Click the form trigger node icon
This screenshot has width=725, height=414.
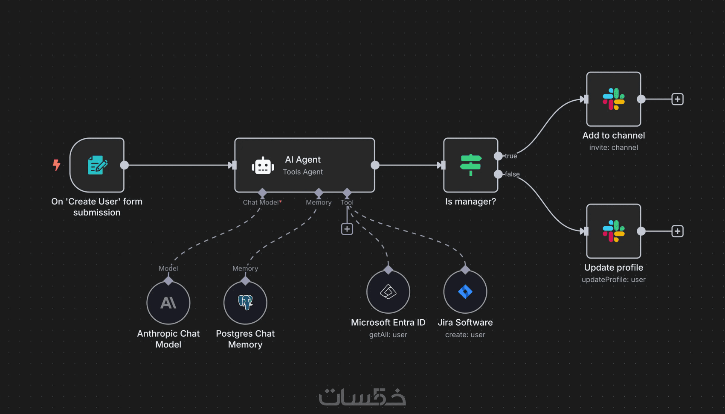pyautogui.click(x=97, y=165)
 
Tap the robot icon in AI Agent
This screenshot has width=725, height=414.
pyautogui.click(x=263, y=166)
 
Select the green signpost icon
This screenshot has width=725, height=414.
pyautogui.click(x=471, y=165)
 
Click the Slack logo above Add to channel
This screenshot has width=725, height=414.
pyautogui.click(x=613, y=99)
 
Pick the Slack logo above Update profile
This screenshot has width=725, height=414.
pyautogui.click(x=613, y=231)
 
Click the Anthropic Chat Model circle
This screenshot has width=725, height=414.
pyautogui.click(x=168, y=303)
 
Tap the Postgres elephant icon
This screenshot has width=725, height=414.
pyautogui.click(x=245, y=302)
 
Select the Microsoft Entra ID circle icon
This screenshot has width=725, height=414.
pyautogui.click(x=388, y=292)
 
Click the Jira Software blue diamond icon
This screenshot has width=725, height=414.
pyautogui.click(x=465, y=292)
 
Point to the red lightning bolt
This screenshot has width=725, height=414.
pyautogui.click(x=56, y=165)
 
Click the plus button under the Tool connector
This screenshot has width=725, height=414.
pyautogui.click(x=347, y=229)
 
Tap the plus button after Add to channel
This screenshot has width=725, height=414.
pyautogui.click(x=677, y=99)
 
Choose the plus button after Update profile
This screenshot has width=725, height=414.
pyautogui.click(x=677, y=231)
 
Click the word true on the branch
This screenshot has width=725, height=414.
pyautogui.click(x=511, y=156)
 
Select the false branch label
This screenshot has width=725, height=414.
pyautogui.click(x=512, y=174)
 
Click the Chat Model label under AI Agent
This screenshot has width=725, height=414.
pyautogui.click(x=261, y=202)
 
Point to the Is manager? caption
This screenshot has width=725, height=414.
pyautogui.click(x=470, y=201)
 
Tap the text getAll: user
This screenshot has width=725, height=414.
pyautogui.click(x=388, y=335)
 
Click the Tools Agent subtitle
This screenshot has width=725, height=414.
pyautogui.click(x=303, y=172)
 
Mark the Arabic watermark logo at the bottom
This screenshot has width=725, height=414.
pyautogui.click(x=362, y=397)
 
